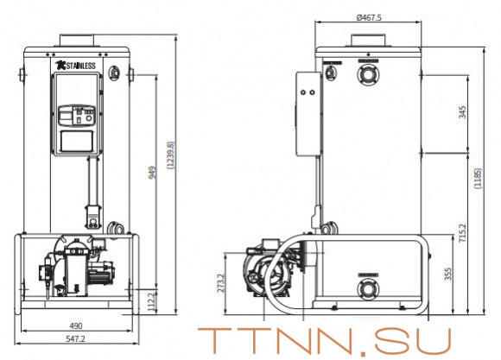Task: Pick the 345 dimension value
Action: coord(464,113)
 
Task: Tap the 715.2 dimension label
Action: coord(464,234)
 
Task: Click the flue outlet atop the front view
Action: coord(79,39)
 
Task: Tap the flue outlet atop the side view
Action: coord(369,39)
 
